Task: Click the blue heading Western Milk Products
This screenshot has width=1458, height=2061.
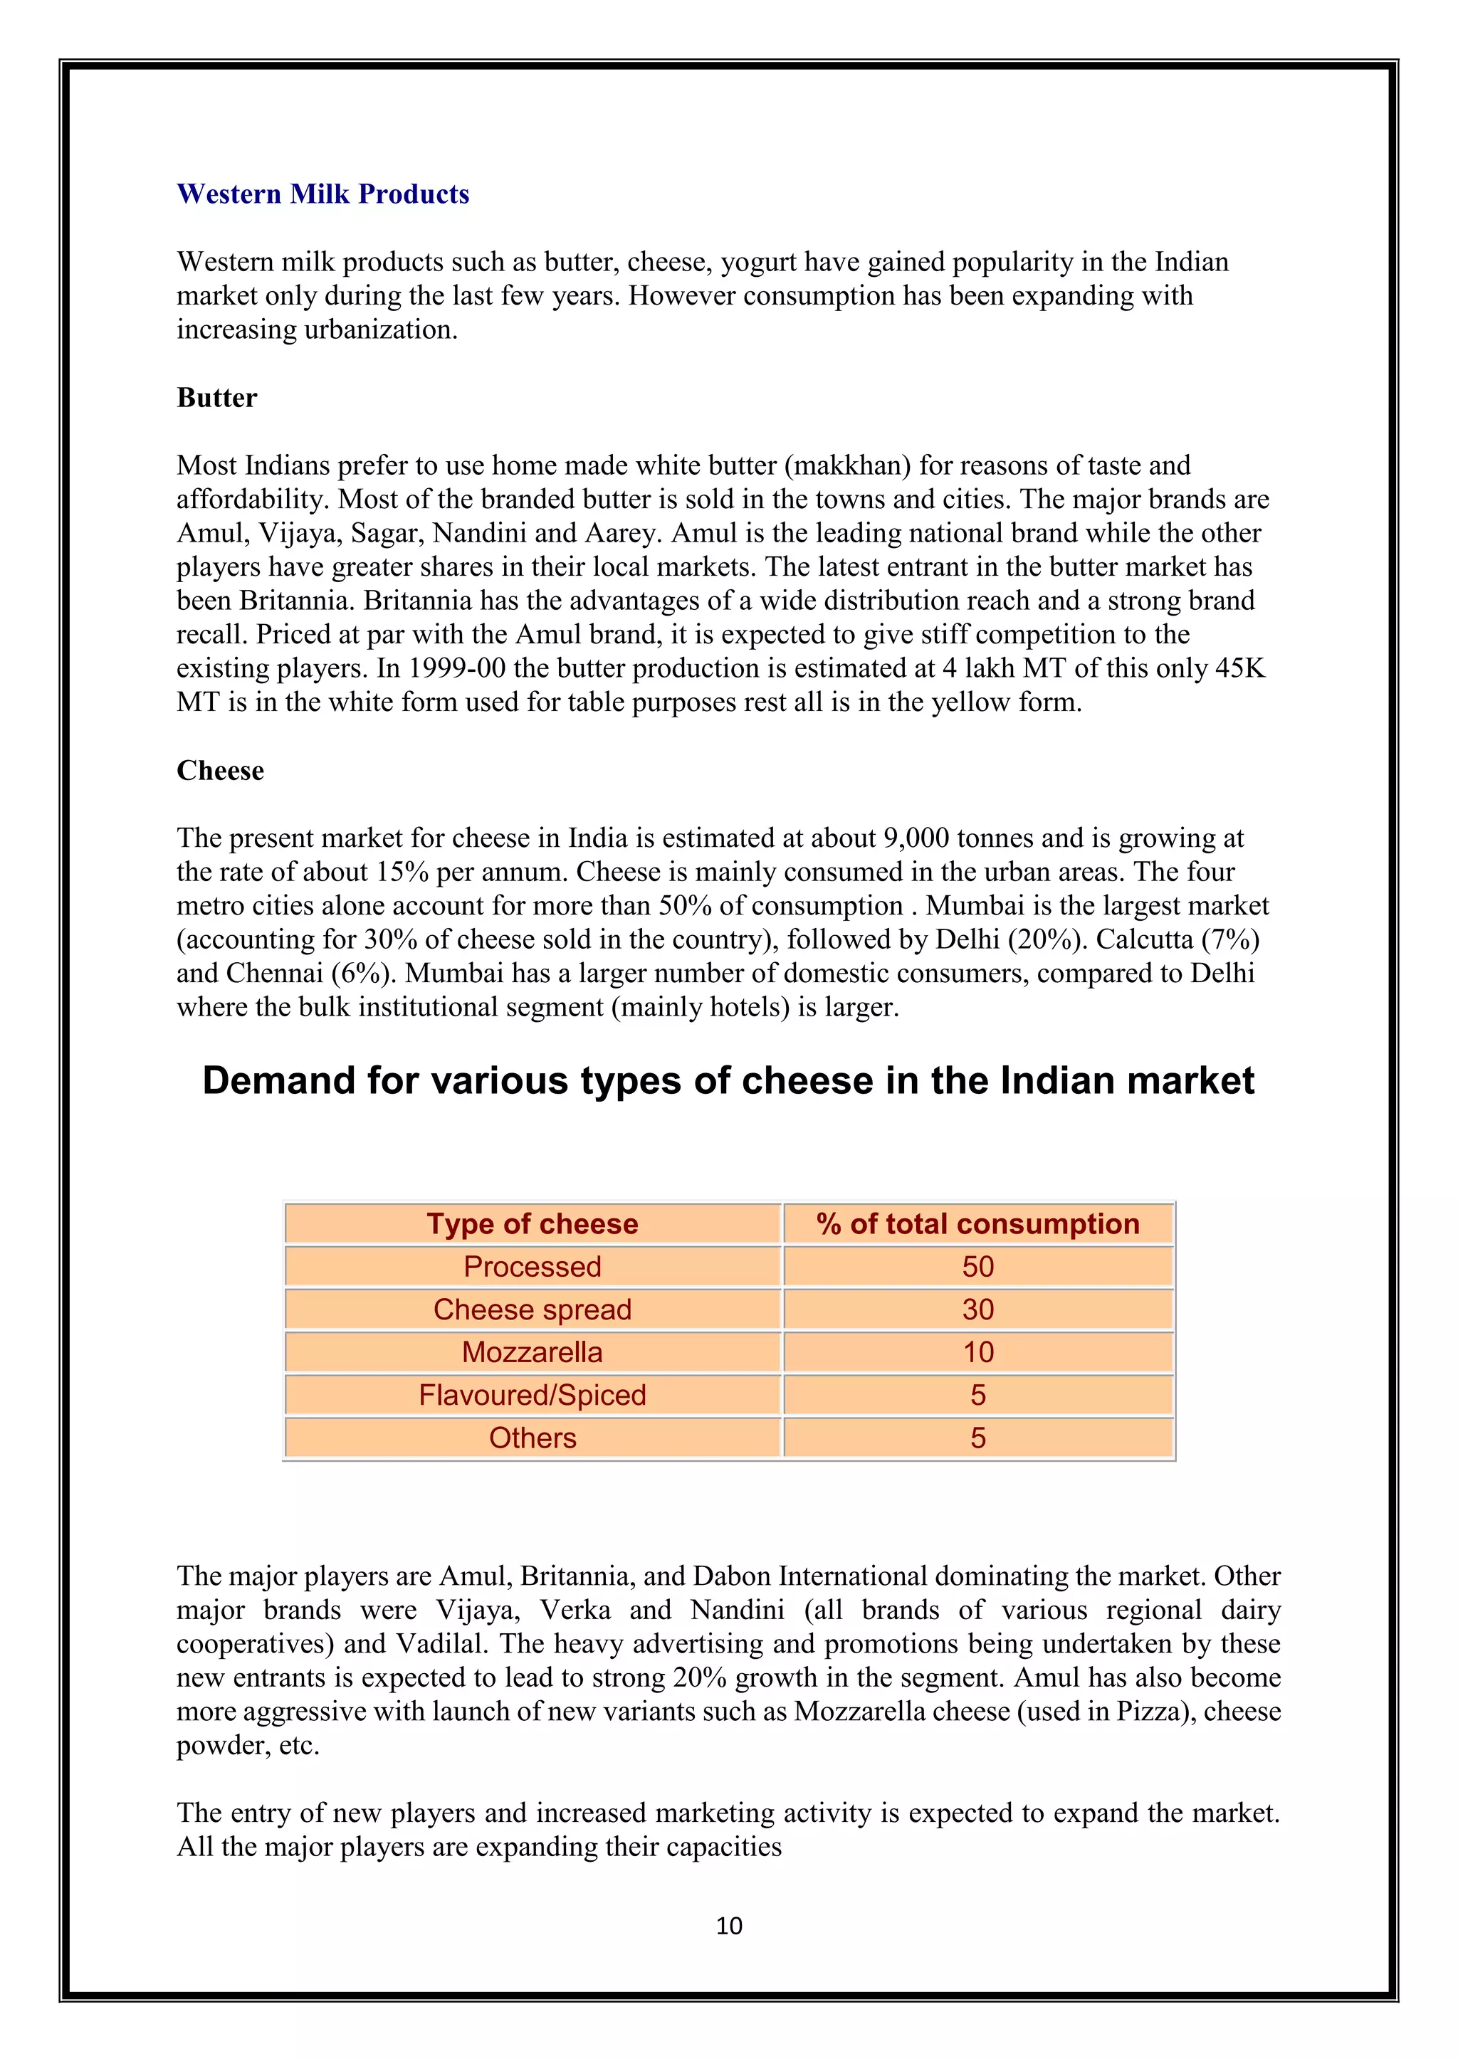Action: (x=322, y=194)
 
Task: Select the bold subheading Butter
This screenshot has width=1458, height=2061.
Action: (x=216, y=398)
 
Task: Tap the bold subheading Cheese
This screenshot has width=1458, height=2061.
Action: (x=220, y=770)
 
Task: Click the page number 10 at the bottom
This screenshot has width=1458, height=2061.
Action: (x=729, y=1926)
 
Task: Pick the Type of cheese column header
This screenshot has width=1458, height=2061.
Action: (x=533, y=1223)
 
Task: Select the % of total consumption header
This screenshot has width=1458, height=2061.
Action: (x=977, y=1223)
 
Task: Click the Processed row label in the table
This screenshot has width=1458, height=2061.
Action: (x=533, y=1267)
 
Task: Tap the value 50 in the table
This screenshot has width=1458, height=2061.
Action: (x=977, y=1267)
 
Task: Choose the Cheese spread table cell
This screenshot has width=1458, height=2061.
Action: (x=533, y=1309)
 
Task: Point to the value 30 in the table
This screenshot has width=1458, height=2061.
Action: (x=977, y=1309)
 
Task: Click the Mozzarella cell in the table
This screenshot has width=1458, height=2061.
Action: (x=533, y=1352)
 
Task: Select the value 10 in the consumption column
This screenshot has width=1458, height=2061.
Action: (x=977, y=1352)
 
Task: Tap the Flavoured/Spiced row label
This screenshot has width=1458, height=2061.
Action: (x=533, y=1395)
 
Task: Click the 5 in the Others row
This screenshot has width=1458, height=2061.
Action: (x=977, y=1438)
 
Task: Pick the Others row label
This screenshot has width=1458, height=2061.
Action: (x=533, y=1438)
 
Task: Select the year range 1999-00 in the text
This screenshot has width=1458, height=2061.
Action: (x=461, y=669)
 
